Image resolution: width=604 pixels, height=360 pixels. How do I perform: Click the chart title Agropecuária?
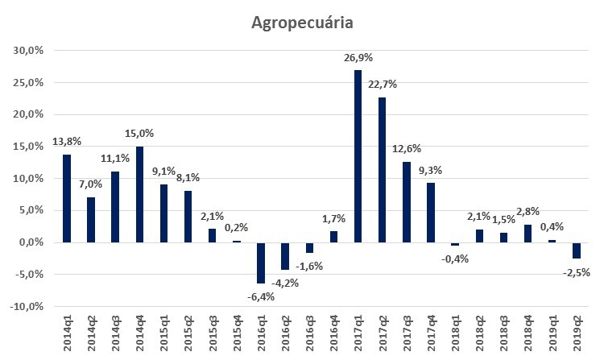[302, 23]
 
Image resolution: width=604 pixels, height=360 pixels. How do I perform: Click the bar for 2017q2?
[382, 169]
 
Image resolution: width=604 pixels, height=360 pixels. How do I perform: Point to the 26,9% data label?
[358, 58]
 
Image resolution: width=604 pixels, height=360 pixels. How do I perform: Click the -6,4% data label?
[261, 296]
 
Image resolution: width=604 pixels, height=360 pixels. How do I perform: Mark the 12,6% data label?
[406, 149]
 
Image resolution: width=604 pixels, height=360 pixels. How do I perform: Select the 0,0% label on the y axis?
[31, 242]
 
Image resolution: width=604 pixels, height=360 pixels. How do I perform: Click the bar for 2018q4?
[527, 234]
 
